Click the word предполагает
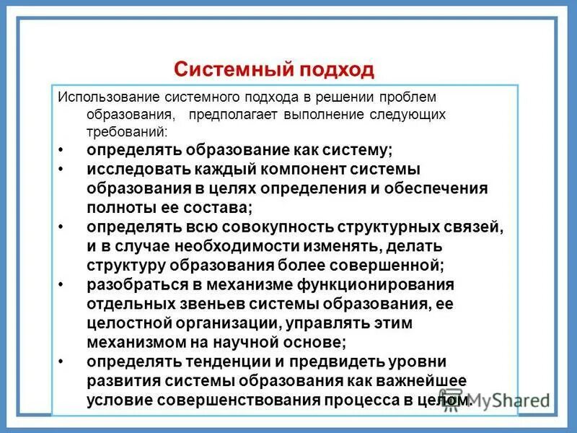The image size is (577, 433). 229,115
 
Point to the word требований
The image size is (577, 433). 127,133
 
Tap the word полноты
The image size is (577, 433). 118,207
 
